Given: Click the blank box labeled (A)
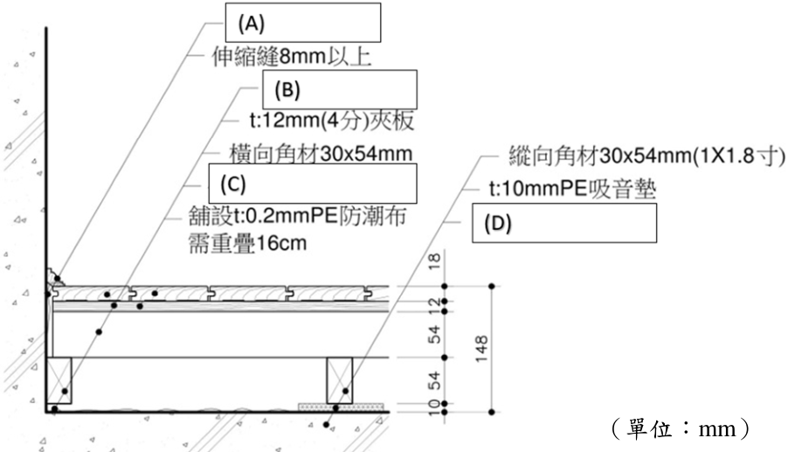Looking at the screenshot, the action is [x=302, y=23].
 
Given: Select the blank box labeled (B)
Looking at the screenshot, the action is [x=340, y=89].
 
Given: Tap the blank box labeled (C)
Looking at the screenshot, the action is [x=313, y=184].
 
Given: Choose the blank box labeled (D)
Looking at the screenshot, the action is [x=563, y=223].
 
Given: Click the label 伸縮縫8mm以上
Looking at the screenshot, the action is [x=292, y=56].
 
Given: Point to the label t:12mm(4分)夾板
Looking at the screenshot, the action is [x=332, y=121].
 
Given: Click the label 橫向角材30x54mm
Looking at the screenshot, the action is [x=321, y=153].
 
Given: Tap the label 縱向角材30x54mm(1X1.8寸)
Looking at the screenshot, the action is [x=646, y=156].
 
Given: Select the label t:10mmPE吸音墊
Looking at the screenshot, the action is [x=572, y=189].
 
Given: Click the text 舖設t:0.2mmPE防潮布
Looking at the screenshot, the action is [x=298, y=216].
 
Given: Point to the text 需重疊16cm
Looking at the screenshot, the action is [x=247, y=243].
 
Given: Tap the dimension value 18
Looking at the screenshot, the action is [x=434, y=261].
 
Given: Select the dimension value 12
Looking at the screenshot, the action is [x=434, y=302].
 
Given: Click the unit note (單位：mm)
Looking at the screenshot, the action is [x=681, y=429].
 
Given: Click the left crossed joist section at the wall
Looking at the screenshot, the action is [x=59, y=380].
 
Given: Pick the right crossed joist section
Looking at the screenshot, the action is [x=340, y=380].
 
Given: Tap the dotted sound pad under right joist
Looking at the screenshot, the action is [x=342, y=407].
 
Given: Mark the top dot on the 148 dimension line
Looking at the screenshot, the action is [x=492, y=286].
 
